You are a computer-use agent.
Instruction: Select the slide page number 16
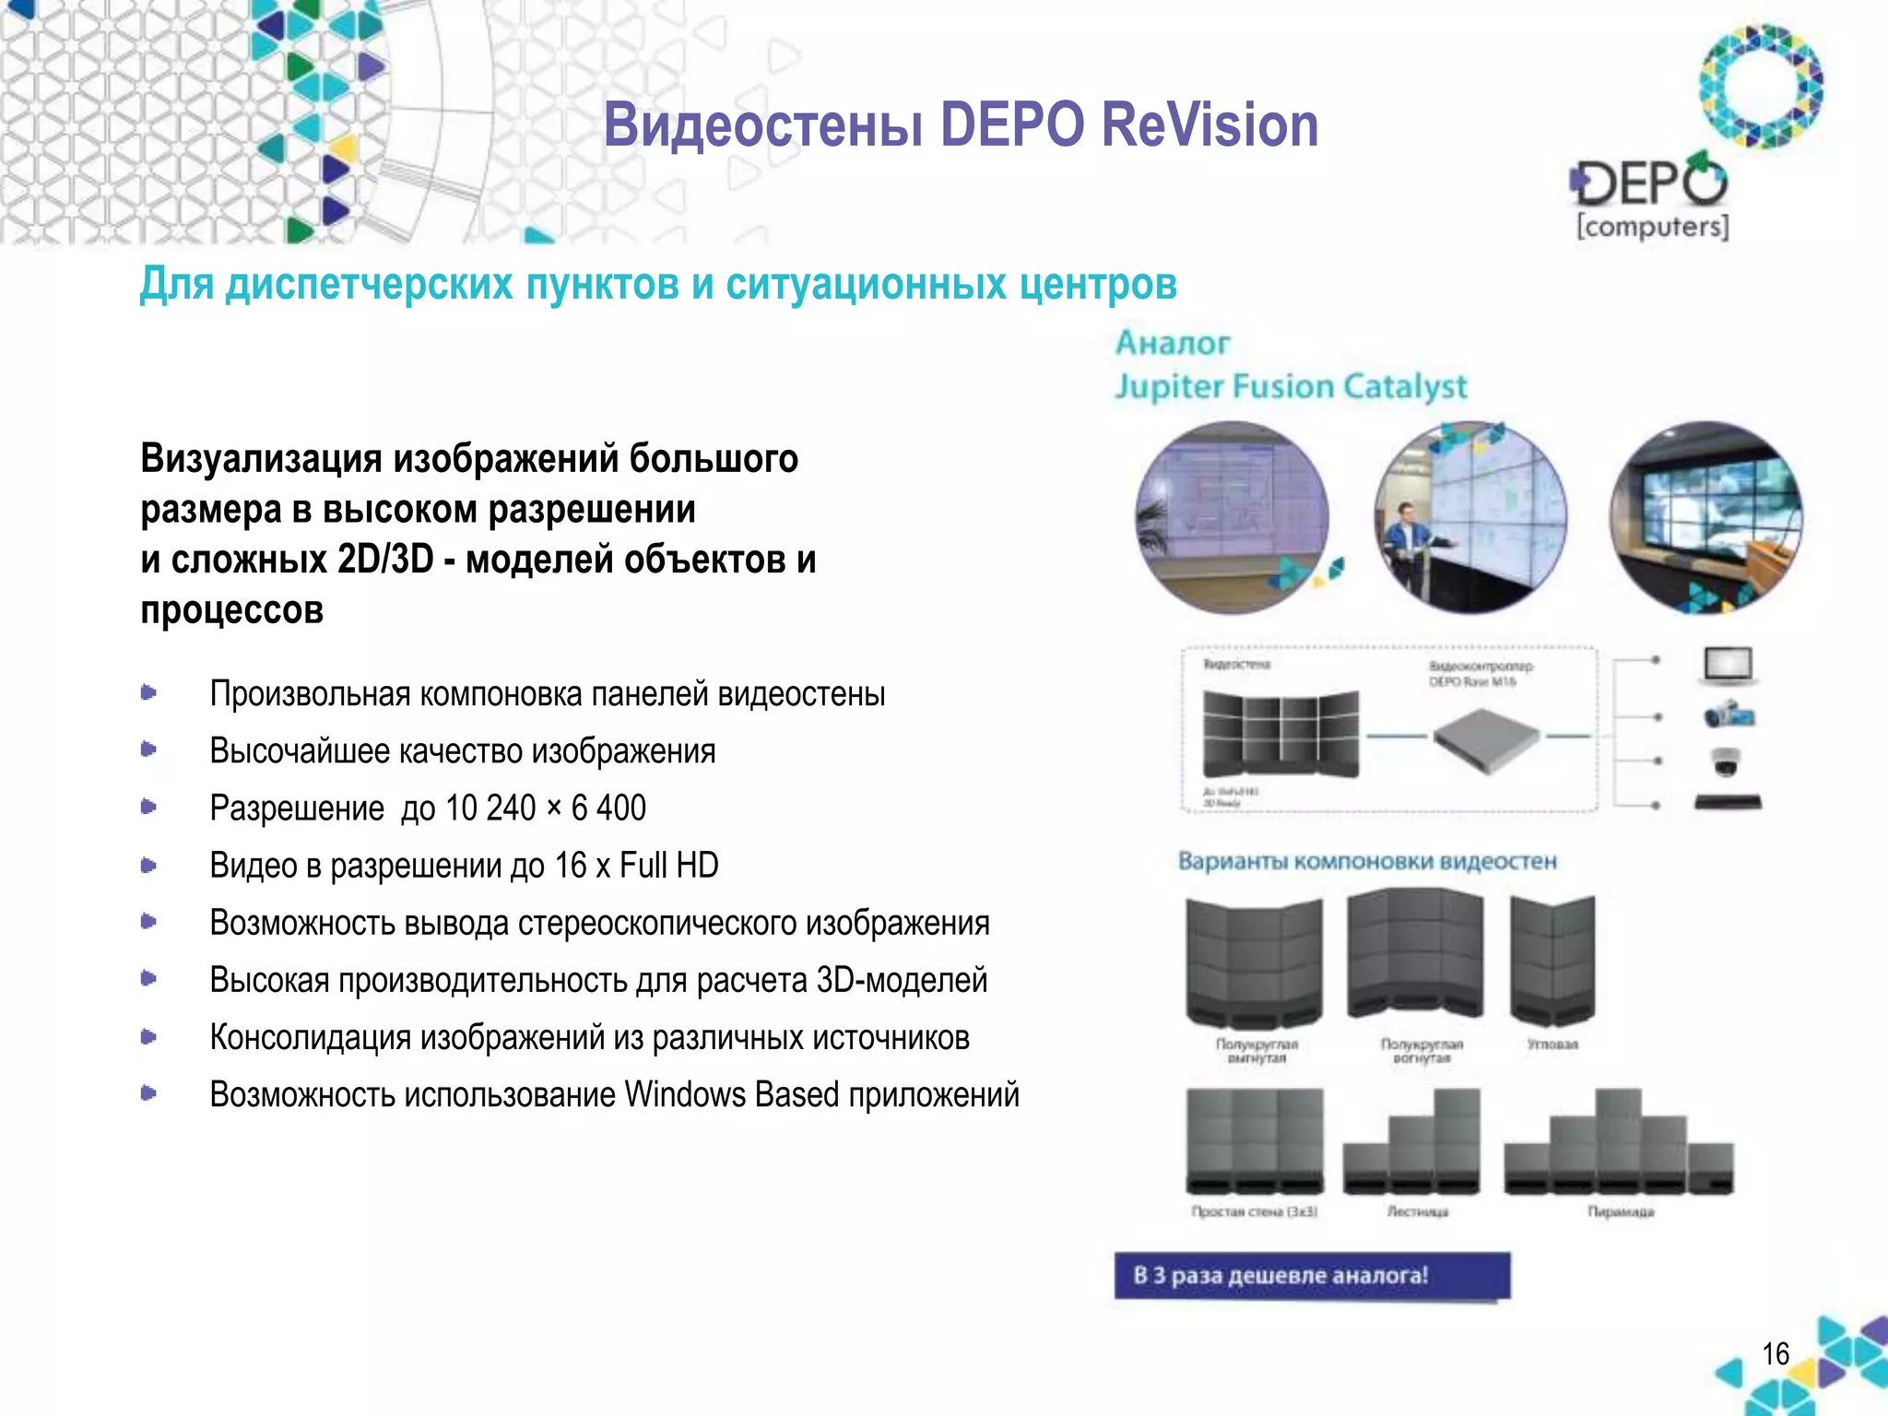[1775, 1353]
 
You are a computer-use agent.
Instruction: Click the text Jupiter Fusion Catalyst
[1291, 386]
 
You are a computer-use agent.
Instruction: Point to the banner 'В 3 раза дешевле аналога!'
[1312, 1276]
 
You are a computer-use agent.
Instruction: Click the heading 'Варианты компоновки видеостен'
[1367, 861]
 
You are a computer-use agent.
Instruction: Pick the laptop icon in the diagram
[1727, 666]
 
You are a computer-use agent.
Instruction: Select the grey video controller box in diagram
[1486, 739]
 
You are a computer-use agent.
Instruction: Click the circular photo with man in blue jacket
[1469, 518]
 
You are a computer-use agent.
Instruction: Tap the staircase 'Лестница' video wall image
[1412, 1143]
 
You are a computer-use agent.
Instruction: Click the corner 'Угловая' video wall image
[1552, 961]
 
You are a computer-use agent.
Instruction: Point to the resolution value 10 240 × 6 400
[546, 808]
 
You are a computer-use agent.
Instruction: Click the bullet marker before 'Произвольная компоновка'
[148, 692]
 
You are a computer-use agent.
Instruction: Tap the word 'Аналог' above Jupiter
[1173, 344]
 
